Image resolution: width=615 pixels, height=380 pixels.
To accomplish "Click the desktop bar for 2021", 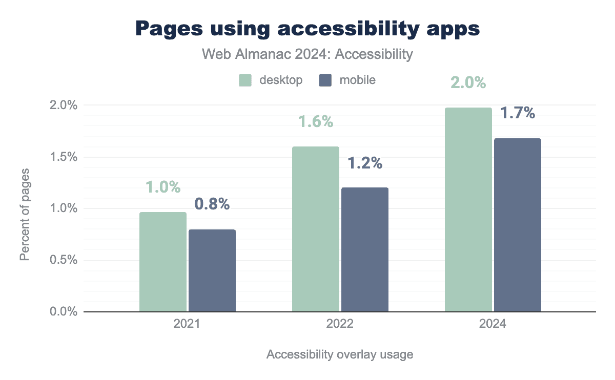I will tap(163, 262).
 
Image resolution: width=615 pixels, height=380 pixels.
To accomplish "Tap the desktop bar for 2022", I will tap(316, 229).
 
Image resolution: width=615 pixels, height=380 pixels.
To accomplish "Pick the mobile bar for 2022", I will tap(365, 249).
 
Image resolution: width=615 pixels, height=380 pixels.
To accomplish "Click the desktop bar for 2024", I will tap(468, 209).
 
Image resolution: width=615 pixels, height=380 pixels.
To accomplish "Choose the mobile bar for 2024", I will tap(518, 225).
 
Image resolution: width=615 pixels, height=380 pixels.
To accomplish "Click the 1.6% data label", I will tap(316, 122).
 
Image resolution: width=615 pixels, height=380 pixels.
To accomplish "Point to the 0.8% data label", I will tap(212, 204).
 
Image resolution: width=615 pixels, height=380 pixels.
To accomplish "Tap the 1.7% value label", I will tap(518, 113).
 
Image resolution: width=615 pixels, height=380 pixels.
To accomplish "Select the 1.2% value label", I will tap(365, 163).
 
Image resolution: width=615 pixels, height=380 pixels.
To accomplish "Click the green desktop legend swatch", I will tap(245, 80).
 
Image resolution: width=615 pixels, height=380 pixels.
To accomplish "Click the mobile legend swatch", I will tap(325, 80).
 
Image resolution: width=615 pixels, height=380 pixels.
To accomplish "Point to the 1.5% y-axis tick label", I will tap(64, 157).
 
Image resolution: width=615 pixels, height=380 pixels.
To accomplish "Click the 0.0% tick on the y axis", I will tap(64, 312).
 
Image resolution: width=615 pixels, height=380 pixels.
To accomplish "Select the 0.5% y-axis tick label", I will tap(64, 260).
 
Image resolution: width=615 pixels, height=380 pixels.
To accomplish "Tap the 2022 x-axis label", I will tap(340, 325).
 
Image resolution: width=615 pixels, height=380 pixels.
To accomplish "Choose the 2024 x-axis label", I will tap(493, 325).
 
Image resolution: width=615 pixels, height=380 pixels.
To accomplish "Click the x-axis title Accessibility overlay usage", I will tap(340, 354).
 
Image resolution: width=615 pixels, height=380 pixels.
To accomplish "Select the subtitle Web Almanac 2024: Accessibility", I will tap(307, 54).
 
